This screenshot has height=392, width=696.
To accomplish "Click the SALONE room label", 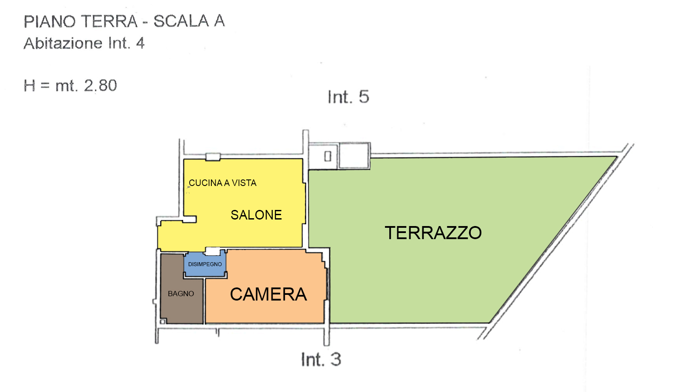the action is [256, 215].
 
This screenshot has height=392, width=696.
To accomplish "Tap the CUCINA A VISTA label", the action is [222, 183].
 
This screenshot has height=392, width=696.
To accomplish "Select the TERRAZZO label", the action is [433, 233].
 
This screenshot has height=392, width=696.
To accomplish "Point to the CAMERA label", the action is [268, 294].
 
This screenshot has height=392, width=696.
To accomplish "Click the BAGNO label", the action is [181, 294].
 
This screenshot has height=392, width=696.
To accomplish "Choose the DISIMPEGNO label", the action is [205, 264].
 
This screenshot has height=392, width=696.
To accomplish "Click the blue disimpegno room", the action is [205, 264].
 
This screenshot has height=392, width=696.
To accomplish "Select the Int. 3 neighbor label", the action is [321, 359].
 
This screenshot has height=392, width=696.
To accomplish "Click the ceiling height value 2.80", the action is [100, 85].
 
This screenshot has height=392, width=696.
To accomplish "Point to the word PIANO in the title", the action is [50, 21].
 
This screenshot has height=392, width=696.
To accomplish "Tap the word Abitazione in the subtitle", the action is [63, 43].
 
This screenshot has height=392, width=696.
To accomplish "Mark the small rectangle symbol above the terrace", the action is [328, 156].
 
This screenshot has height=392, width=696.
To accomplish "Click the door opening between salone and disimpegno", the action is [213, 251].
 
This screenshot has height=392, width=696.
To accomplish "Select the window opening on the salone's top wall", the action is [213, 156].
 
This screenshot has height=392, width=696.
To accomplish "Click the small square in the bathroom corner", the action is [163, 321].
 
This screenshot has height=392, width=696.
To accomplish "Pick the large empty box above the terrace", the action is [354, 155].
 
